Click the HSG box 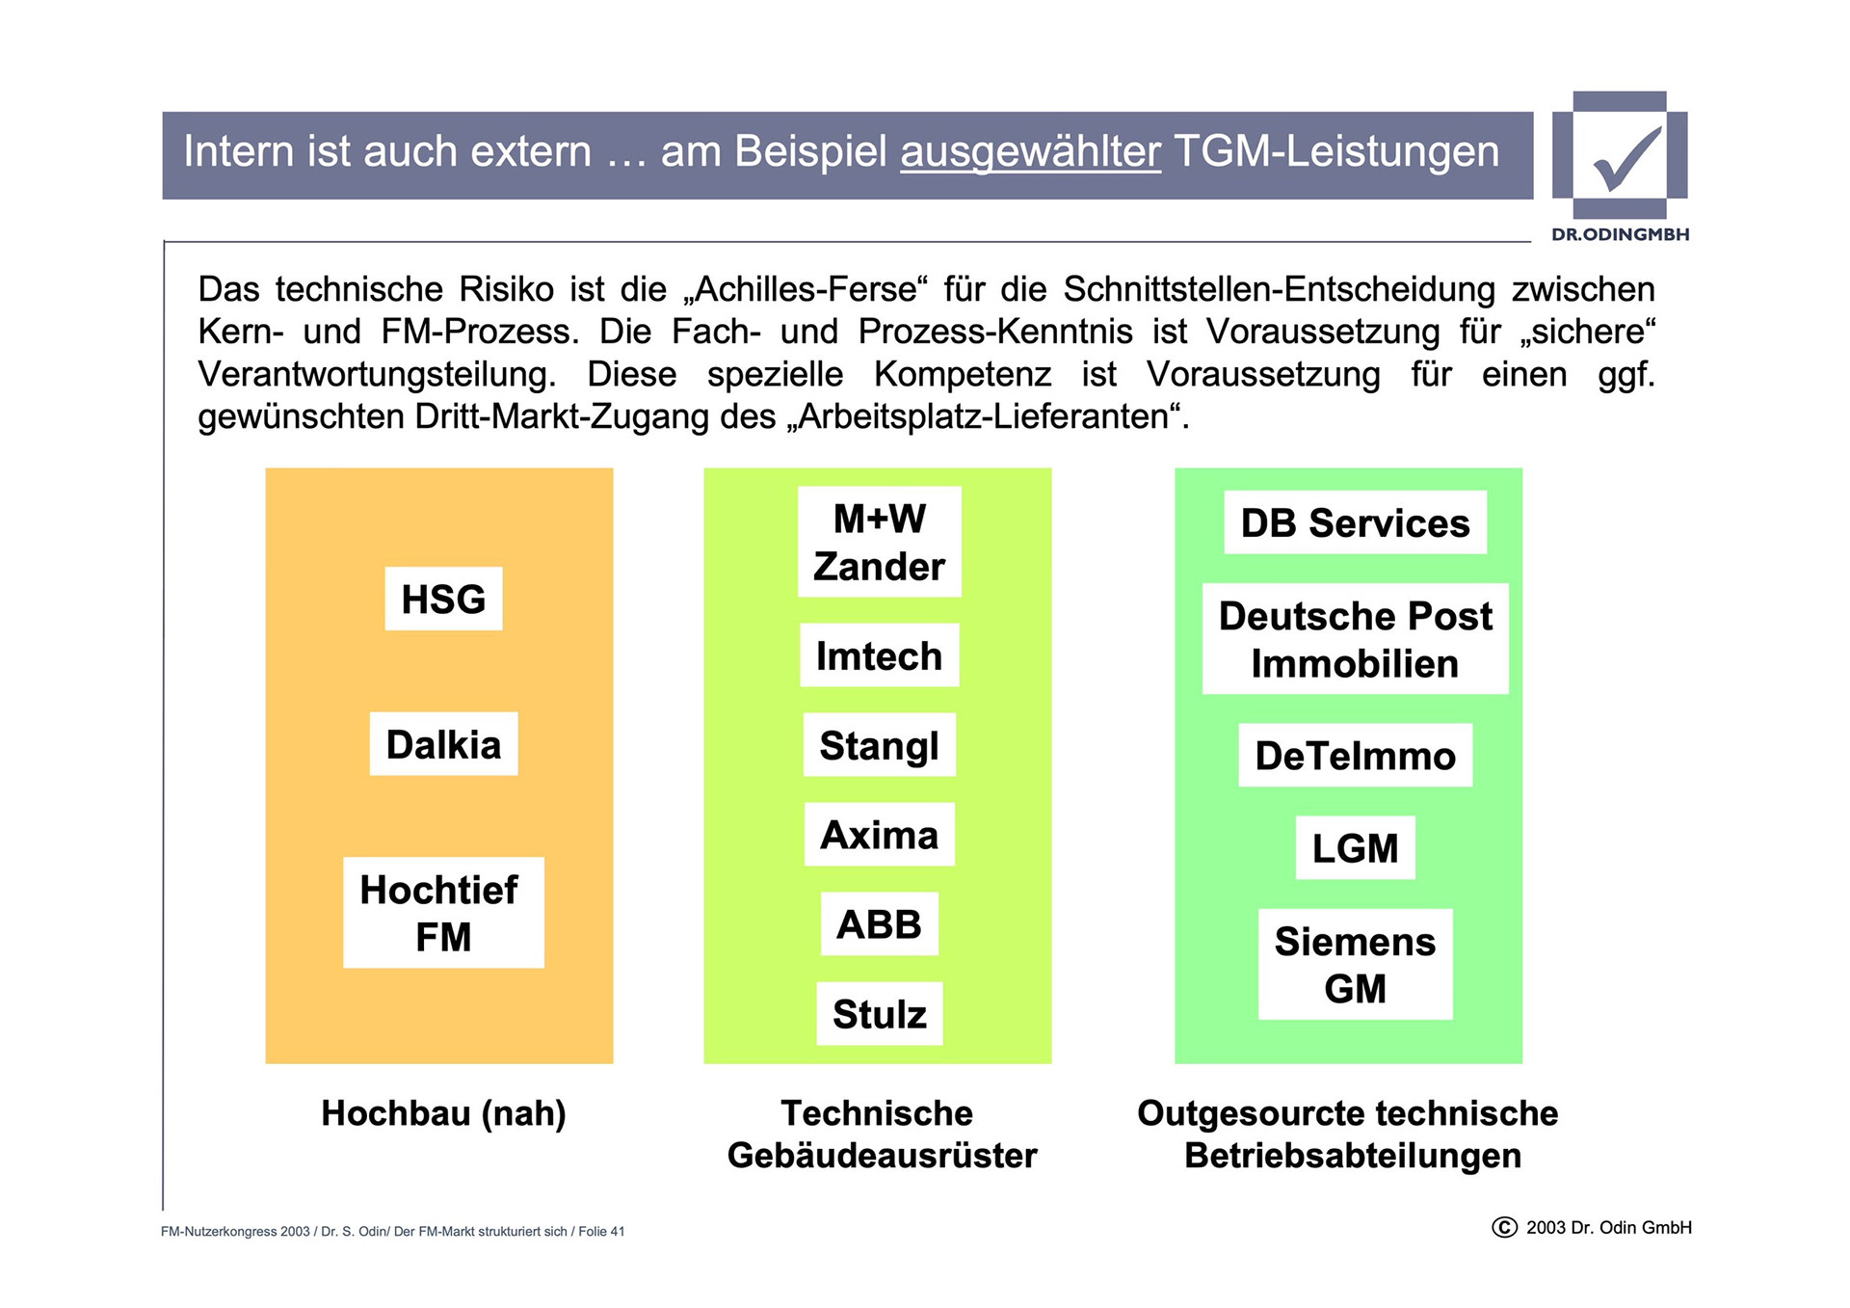(443, 599)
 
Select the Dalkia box (443, 744)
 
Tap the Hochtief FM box (443, 912)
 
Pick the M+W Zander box (879, 542)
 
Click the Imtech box (879, 655)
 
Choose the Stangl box (879, 745)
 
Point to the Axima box (879, 835)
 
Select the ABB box (879, 924)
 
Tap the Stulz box (879, 1014)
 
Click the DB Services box (1355, 522)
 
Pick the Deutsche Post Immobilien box (1355, 639)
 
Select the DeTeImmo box (1355, 756)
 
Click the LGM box (1355, 848)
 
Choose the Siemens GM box (1355, 965)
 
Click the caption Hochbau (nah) (443, 1113)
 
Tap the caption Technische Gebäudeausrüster (881, 1134)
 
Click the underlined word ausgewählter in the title (1030, 152)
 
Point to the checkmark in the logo (1626, 159)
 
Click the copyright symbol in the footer (1504, 1227)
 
